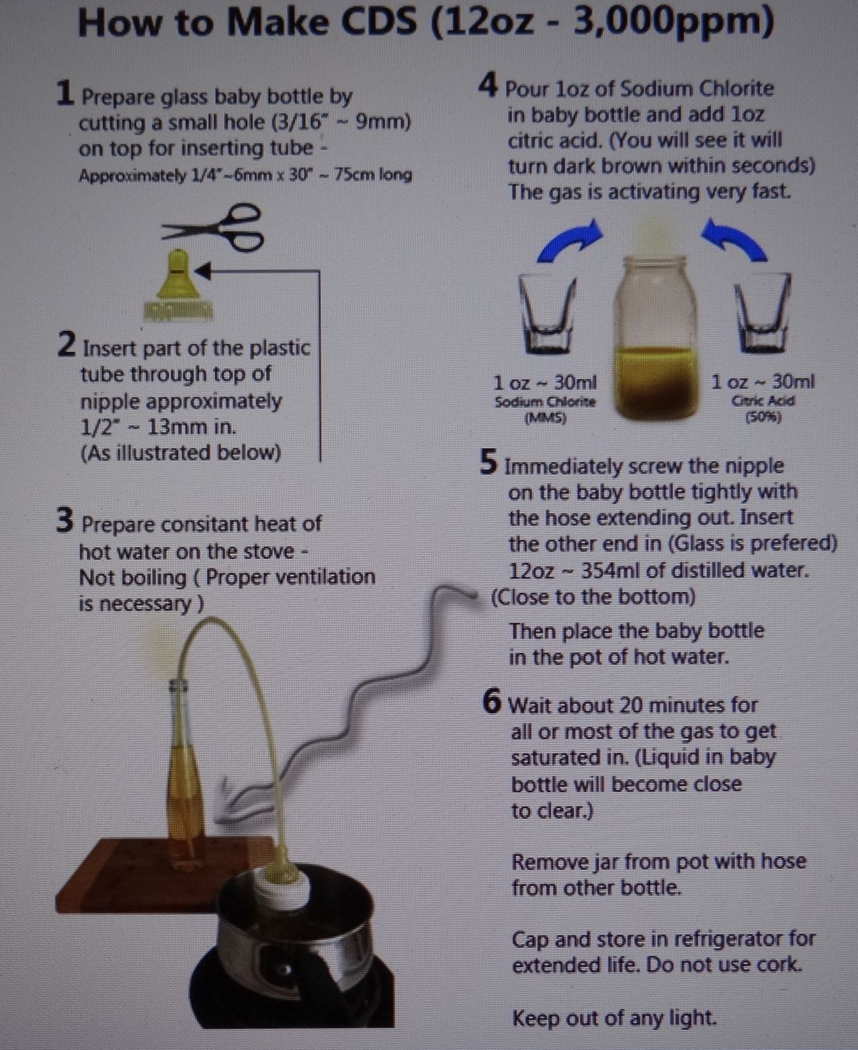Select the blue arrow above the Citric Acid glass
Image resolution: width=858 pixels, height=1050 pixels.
(734, 239)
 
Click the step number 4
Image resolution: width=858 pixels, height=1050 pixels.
(488, 85)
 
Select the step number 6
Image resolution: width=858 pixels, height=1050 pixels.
(492, 703)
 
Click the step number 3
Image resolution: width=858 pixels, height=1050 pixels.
(65, 520)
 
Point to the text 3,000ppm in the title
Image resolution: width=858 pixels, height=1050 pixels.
(674, 22)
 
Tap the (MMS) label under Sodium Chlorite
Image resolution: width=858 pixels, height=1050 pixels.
(546, 419)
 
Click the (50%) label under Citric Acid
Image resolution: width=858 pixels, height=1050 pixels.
(763, 417)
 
